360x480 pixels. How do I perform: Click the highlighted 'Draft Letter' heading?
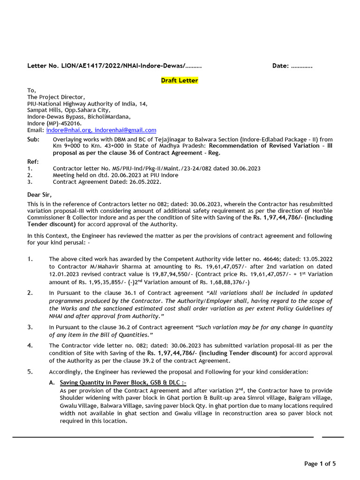coord(180,81)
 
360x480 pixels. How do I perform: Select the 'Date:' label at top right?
coord(280,66)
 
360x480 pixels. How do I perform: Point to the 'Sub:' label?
coord(33,140)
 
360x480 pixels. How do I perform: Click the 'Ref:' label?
coord(33,161)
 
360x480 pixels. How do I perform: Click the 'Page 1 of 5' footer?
coord(320,464)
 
